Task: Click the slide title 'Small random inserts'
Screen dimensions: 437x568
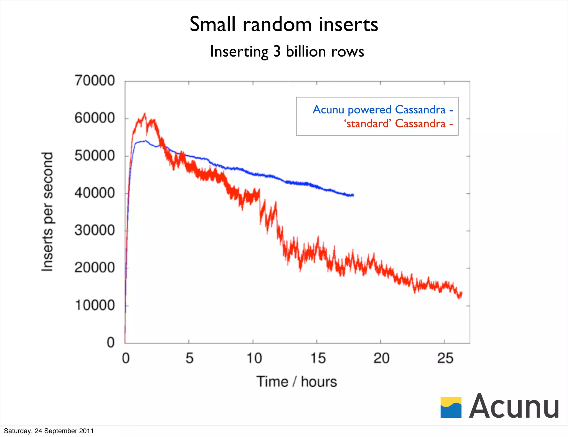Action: (284, 24)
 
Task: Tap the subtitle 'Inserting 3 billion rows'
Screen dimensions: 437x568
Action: (287, 52)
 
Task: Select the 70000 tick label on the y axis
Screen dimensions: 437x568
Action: (95, 81)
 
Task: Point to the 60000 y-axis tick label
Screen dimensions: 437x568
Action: (95, 118)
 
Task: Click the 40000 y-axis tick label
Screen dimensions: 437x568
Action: (95, 193)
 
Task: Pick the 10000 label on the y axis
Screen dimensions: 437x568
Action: (95, 305)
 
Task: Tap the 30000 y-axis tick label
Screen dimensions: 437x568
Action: (95, 230)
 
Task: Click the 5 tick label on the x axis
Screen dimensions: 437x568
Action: (189, 358)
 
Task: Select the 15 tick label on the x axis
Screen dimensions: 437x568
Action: (318, 358)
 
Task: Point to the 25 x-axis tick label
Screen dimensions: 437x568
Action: (445, 358)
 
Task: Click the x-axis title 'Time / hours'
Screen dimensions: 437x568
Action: (296, 382)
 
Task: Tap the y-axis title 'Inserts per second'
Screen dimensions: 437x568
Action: (47, 212)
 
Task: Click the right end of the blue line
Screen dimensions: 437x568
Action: (353, 195)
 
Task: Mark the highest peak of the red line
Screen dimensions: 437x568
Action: (144, 114)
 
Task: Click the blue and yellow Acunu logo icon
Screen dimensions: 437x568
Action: (451, 407)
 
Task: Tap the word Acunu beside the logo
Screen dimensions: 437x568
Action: (514, 407)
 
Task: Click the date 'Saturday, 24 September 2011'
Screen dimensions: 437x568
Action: (49, 431)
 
